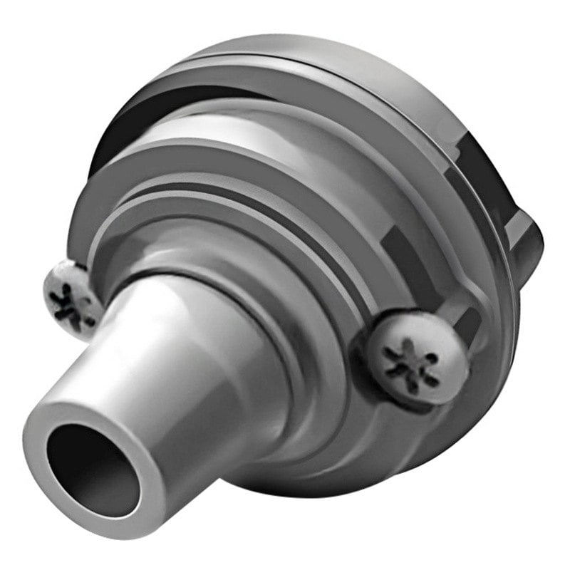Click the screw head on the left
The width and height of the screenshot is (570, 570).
tap(71, 296)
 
